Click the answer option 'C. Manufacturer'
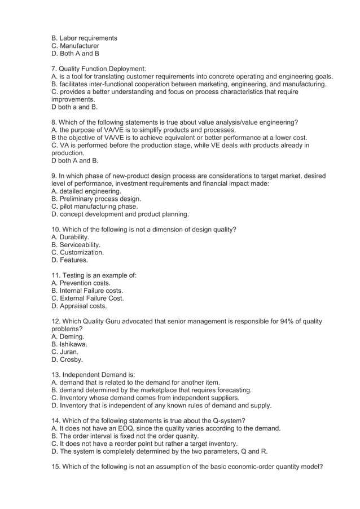[75, 46]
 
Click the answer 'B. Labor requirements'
[84, 38]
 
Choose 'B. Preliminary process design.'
[96, 199]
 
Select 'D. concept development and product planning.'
[120, 214]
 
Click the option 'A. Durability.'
[70, 238]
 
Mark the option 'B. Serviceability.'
[76, 245]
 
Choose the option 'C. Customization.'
[77, 253]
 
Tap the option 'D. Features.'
[69, 260]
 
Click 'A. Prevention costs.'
[81, 283]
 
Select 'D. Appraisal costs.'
[79, 306]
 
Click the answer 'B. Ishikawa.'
[69, 344]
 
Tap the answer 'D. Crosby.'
[67, 359]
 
